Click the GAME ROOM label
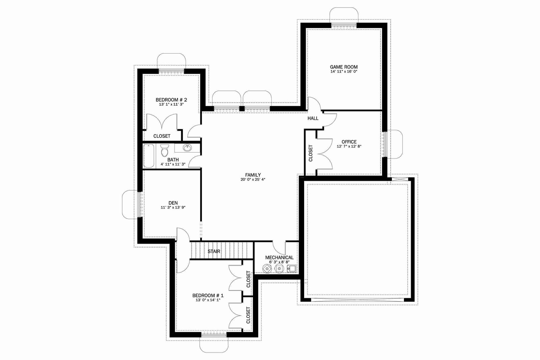tap(344, 67)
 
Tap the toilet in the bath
tap(165, 150)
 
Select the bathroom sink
tap(187, 148)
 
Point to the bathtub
tap(149, 156)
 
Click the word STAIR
tap(214, 251)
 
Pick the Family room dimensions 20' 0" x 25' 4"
tap(253, 179)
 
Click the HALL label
tap(313, 118)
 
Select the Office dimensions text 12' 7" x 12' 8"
tap(349, 146)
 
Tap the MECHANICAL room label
tap(279, 257)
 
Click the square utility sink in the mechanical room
tap(292, 269)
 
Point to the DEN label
tap(173, 203)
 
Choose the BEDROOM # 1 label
tap(208, 296)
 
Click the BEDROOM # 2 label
tap(171, 100)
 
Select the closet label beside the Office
tap(310, 153)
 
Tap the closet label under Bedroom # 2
tap(162, 136)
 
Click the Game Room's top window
tap(344, 25)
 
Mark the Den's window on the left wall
tap(140, 204)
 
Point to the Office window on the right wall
tap(385, 144)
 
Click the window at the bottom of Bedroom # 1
tap(214, 334)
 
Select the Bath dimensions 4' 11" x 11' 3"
tap(173, 164)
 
